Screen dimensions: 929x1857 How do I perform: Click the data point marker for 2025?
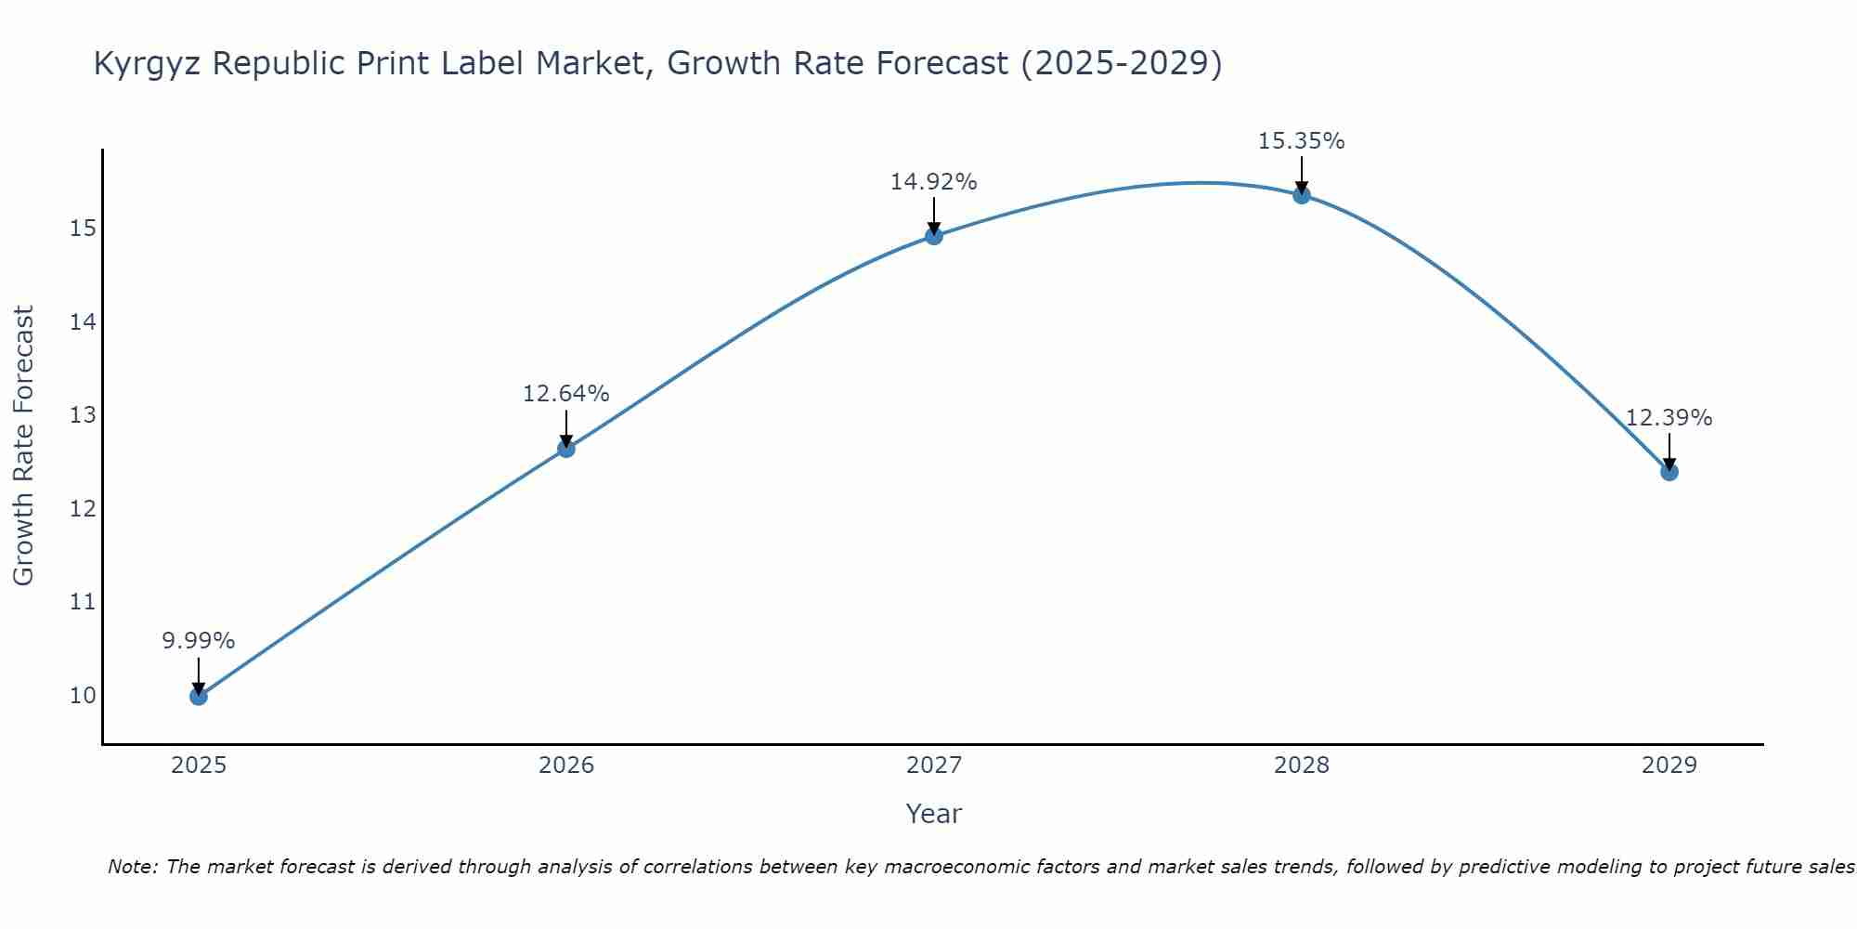[x=199, y=696]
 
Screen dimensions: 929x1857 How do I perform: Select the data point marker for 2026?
[x=566, y=449]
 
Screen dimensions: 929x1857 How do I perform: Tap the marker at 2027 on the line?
[x=934, y=236]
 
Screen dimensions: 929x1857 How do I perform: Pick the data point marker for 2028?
[x=1302, y=195]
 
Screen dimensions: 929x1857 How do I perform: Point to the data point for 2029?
[x=1669, y=472]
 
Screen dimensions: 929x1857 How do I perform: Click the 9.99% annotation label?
[x=199, y=641]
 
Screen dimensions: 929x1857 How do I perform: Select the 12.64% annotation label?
[x=566, y=394]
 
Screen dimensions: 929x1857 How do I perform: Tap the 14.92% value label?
[x=934, y=182]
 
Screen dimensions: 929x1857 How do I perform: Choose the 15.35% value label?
[x=1302, y=141]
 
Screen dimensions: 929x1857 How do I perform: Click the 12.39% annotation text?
[x=1669, y=418]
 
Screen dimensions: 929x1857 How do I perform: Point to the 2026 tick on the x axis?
[x=566, y=765]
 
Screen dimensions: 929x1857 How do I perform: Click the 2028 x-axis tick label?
[x=1302, y=765]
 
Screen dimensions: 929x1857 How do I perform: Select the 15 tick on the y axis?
[x=83, y=229]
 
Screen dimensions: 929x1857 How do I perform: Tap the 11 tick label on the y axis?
[x=83, y=602]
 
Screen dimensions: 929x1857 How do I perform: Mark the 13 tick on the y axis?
[x=83, y=415]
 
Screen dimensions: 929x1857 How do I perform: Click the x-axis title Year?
[x=934, y=814]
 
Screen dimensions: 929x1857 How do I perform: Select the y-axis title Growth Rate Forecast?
[x=24, y=446]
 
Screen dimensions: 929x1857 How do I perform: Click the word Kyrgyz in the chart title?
[x=148, y=64]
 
